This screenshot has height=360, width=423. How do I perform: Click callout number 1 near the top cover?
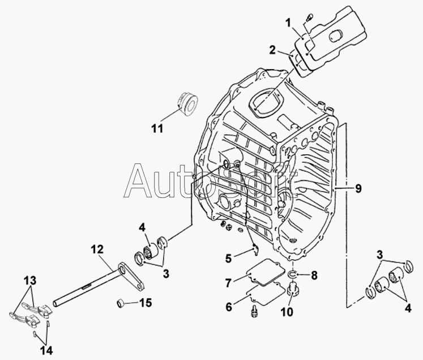click(289, 23)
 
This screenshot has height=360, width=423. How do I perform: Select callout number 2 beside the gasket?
click(273, 50)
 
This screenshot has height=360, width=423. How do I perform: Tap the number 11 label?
click(157, 129)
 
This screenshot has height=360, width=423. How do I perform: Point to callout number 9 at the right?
click(357, 188)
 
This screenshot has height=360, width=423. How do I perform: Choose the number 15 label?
click(146, 303)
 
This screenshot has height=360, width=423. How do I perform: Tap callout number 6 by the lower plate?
click(229, 307)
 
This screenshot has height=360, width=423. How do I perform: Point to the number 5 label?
click(229, 258)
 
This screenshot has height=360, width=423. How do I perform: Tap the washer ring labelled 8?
click(293, 276)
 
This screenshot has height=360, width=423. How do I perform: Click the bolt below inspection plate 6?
click(254, 311)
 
